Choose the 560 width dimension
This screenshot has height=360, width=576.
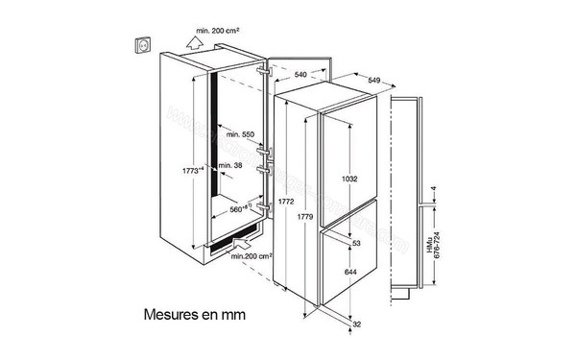[x=241, y=208]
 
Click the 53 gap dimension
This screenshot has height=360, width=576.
[x=355, y=245]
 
